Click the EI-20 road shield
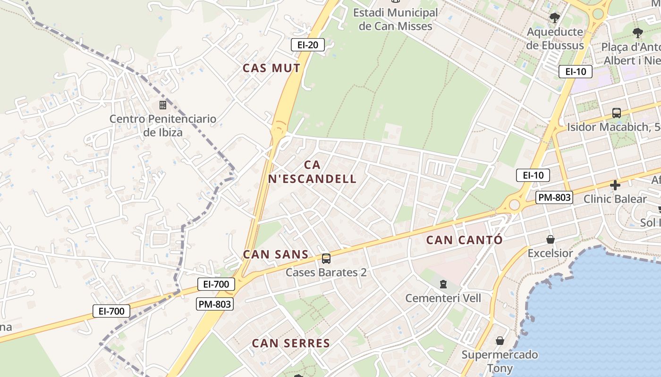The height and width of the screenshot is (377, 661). point(308,45)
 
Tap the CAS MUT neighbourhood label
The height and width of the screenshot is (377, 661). point(271,68)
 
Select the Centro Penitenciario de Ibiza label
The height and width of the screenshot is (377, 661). point(163,125)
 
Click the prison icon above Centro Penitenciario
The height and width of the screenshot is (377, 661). point(163,105)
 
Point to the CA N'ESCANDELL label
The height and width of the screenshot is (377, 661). point(312,172)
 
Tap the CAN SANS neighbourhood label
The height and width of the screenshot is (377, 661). point(276,254)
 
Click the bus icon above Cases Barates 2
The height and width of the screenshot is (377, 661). point(326,258)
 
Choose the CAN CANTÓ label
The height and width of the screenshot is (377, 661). point(464,240)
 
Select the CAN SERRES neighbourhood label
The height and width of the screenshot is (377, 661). point(291,343)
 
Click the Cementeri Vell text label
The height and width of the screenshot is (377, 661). point(443,298)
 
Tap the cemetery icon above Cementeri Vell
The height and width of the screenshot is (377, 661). point(443,284)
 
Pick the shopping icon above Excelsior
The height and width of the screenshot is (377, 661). point(550,239)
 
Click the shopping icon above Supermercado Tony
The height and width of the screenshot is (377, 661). point(500,340)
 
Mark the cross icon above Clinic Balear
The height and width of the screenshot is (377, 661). point(615,185)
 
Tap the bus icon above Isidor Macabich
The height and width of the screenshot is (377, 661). point(617,113)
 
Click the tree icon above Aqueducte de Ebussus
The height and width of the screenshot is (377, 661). point(555,18)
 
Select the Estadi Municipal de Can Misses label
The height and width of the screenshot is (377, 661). point(395,19)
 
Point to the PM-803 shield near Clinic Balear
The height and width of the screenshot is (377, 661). point(554,197)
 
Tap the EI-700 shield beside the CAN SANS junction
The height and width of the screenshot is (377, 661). point(216,284)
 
